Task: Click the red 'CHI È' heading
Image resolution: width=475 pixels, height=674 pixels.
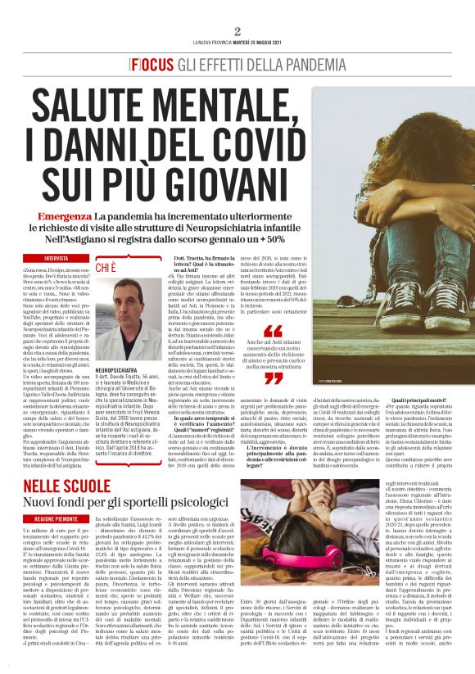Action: point(106,267)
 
